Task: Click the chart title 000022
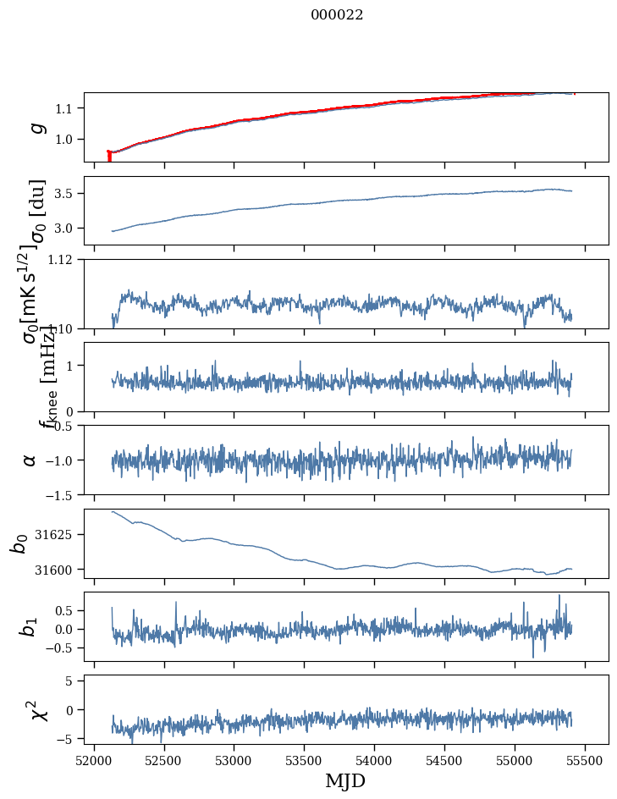[x=337, y=15]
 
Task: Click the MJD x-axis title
[x=345, y=780]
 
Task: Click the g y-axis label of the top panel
[x=36, y=127]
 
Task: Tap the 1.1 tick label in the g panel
[x=67, y=108]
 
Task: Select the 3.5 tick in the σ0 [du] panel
[x=67, y=194]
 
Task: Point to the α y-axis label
[x=30, y=460]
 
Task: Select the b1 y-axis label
[x=30, y=627]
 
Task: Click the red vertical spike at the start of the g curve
[x=109, y=157]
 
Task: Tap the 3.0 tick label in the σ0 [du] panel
[x=67, y=229]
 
